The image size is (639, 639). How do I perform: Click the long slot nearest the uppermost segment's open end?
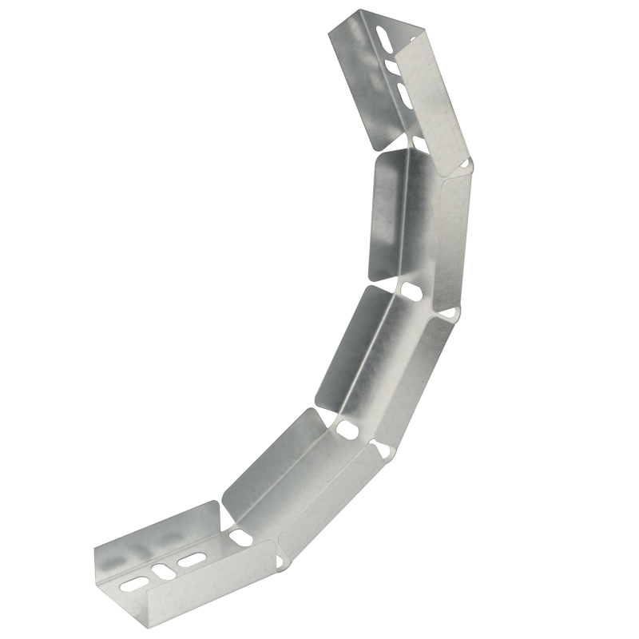(x=384, y=39)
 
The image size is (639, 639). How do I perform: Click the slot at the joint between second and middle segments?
(x=412, y=291)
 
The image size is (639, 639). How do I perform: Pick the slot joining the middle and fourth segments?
(x=348, y=430)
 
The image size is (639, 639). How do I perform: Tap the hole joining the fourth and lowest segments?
(x=240, y=537)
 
